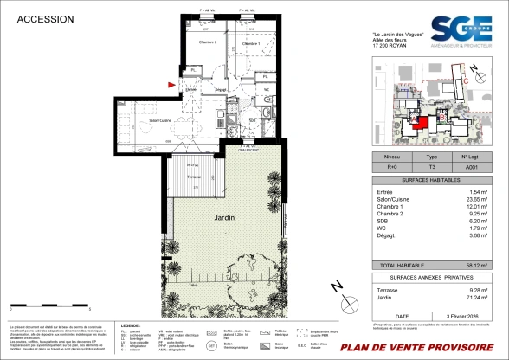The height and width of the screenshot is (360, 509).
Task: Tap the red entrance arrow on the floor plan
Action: [171, 84]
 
